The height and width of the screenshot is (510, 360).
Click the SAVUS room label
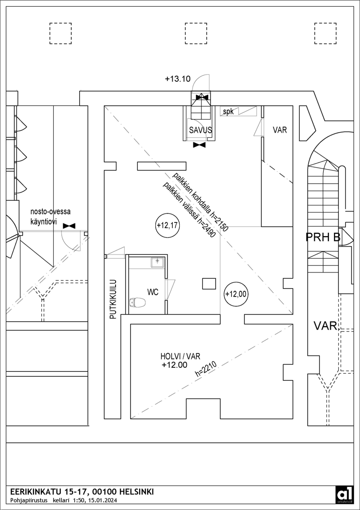200,130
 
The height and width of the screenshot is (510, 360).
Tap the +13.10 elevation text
177,79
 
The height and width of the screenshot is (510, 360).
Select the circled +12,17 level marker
167,226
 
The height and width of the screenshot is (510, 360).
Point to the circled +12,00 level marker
236,294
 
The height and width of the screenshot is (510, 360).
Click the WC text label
153,292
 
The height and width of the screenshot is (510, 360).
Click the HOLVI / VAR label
177,357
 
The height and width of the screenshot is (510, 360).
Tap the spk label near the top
228,112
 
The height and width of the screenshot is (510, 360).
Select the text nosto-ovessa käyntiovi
50,215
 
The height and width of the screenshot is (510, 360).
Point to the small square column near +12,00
209,283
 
